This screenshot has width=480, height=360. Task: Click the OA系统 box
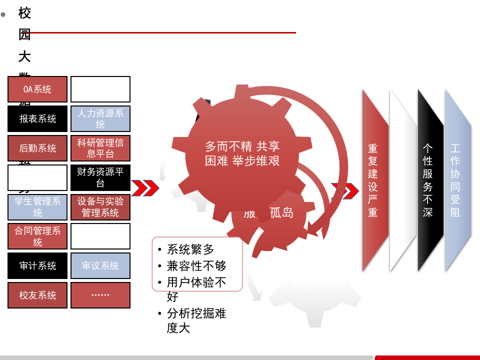(37, 89)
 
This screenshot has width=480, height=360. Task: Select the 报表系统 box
(37, 119)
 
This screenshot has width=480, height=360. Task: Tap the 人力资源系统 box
(100, 119)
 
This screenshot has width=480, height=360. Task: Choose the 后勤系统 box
(37, 148)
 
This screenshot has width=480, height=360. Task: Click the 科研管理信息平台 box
(100, 148)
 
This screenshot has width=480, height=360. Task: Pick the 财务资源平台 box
(100, 177)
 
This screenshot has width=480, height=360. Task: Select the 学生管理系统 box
(37, 207)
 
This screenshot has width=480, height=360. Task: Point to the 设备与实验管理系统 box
(100, 207)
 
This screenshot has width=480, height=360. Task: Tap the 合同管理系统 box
(37, 236)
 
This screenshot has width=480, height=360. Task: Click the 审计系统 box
(37, 266)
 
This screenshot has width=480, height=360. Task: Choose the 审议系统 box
(100, 266)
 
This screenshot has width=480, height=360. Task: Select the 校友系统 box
(37, 295)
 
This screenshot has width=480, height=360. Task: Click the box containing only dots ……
(100, 295)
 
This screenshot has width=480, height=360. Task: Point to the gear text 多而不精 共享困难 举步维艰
(242, 153)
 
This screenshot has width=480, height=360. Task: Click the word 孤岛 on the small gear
(281, 212)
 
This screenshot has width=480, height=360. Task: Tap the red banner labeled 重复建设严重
(373, 180)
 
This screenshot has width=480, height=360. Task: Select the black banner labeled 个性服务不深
(428, 180)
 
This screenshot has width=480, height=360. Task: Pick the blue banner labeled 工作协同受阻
(455, 180)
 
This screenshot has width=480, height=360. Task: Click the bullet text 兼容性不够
(196, 265)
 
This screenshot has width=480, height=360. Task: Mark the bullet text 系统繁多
(190, 249)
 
